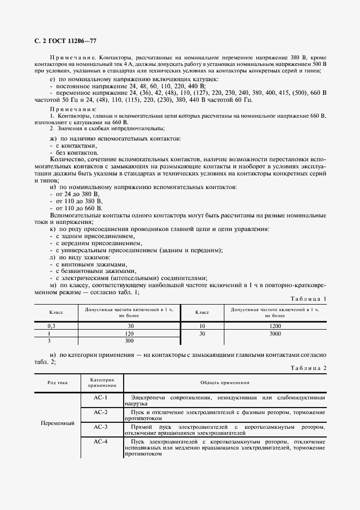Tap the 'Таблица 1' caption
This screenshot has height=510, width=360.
(309, 299)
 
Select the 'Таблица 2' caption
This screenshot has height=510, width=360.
(309, 368)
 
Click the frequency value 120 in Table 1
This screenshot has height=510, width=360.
(130, 333)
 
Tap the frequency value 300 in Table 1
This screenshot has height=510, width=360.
(130, 341)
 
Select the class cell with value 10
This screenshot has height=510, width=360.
(202, 326)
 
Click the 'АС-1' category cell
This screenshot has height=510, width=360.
(101, 397)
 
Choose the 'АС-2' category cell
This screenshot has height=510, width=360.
(101, 412)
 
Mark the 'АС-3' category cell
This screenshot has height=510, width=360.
(101, 427)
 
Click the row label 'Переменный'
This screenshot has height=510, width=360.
(57, 423)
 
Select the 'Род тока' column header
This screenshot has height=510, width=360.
(57, 382)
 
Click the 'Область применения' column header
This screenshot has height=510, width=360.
(225, 382)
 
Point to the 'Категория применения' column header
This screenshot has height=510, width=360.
(101, 382)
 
